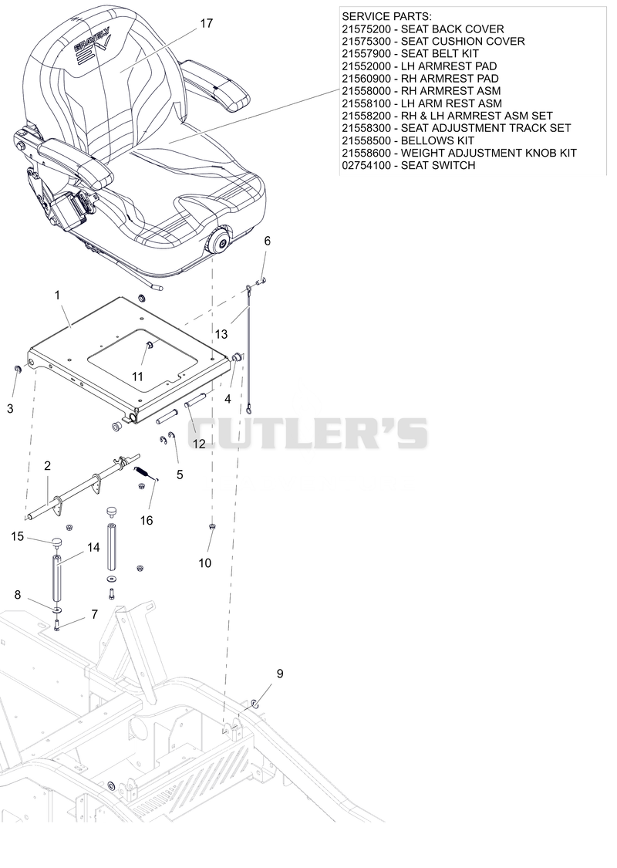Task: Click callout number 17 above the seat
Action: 206,24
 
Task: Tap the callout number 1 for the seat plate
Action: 57,296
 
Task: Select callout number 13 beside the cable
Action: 221,334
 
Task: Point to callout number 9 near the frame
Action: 280,674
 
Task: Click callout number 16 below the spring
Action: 146,520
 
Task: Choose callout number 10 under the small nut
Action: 204,563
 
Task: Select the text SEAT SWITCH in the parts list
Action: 438,165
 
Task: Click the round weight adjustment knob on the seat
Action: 218,242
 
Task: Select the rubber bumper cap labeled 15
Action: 56,541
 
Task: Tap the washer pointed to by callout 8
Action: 58,610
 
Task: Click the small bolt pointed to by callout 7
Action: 57,626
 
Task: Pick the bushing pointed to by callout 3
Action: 17,370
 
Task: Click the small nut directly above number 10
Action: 213,526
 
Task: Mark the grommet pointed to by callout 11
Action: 150,346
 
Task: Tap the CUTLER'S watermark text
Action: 308,433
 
